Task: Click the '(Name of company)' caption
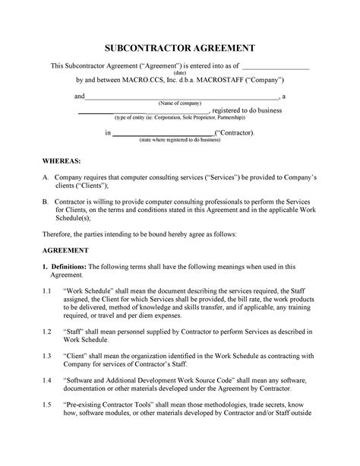coord(179,103)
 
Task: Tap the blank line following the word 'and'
coord(182,97)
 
